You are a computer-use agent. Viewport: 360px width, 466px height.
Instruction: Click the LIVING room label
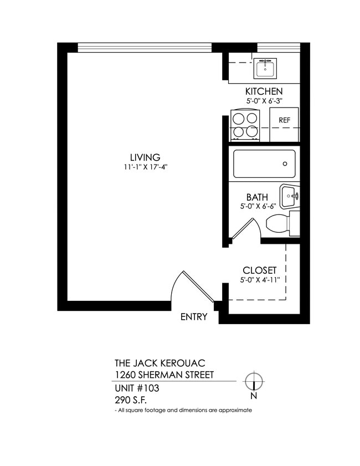click(145, 157)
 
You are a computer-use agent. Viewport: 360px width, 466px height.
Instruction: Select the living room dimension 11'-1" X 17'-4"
click(145, 167)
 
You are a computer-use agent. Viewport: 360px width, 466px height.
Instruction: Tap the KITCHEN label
click(264, 91)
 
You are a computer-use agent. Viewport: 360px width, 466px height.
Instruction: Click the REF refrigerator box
click(284, 120)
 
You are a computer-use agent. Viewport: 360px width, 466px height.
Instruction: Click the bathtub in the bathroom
click(264, 164)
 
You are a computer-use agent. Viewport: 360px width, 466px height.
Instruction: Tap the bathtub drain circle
click(285, 164)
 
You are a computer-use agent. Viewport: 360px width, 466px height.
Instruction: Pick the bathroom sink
click(289, 195)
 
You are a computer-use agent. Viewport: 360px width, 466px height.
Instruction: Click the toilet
click(281, 224)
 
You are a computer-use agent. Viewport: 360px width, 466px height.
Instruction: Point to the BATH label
click(257, 197)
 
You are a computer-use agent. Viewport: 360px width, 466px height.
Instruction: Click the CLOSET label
click(259, 270)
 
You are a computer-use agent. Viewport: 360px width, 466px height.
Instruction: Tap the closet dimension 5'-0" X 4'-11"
click(259, 280)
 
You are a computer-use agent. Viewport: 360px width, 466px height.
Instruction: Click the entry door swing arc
click(191, 285)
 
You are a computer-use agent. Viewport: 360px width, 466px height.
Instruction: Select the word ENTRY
click(194, 317)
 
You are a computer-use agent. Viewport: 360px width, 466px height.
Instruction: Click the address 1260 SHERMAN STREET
click(164, 375)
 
